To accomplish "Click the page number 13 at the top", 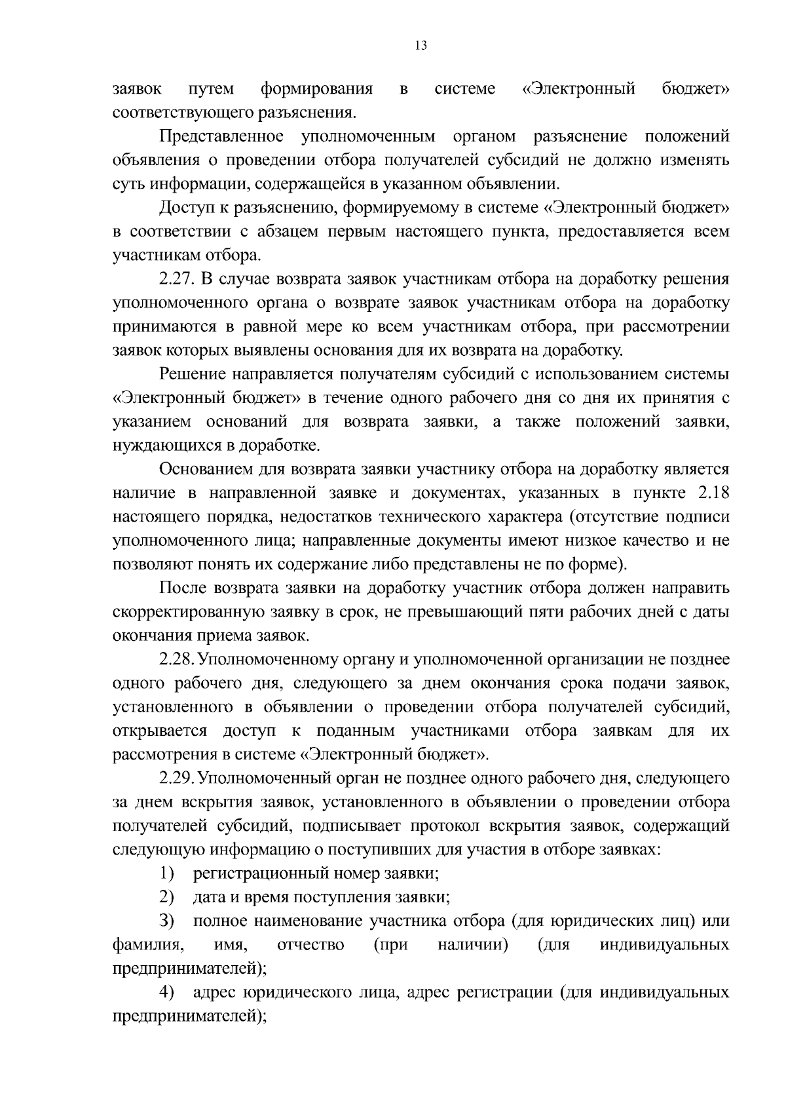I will [x=421, y=45].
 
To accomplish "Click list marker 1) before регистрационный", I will [x=167, y=873].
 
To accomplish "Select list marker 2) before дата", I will [x=167, y=897].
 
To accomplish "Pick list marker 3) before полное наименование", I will [x=167, y=921].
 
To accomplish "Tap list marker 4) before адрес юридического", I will [x=167, y=993].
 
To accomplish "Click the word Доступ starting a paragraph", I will [x=188, y=208].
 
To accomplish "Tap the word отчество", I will [x=311, y=945].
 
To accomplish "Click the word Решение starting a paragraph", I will [x=193, y=374].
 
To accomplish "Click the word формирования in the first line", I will [x=316, y=89].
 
